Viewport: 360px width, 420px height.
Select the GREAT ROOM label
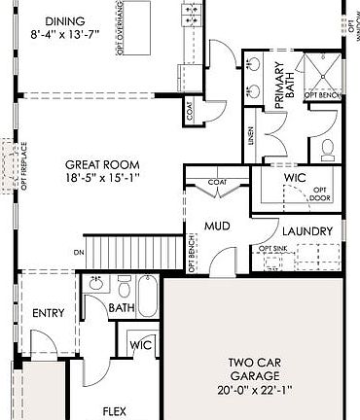103,164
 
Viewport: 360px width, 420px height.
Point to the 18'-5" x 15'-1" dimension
103,179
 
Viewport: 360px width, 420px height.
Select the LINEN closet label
251,136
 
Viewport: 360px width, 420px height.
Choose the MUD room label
216,227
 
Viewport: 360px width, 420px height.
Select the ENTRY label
48,313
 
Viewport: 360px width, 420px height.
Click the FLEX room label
115,411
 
